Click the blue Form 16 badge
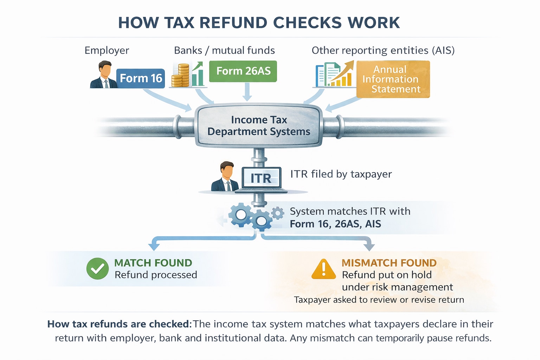pos(141,78)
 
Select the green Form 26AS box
pos(243,71)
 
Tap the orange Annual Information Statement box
pos(393,79)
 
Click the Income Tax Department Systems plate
pos(259,126)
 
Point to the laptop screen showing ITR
pos(261,178)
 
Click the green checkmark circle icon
pos(97,269)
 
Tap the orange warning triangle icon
pos(323,270)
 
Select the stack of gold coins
pos(180,76)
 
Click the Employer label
pos(107,50)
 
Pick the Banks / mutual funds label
pos(224,50)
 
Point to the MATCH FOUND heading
pos(153,263)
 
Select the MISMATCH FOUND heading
pos(389,263)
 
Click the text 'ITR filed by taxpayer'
pos(341,174)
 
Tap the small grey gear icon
pos(278,213)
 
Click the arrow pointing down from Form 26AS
pos(247,92)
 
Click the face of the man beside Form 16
pos(105,71)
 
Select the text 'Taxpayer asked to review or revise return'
pos(379,300)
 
